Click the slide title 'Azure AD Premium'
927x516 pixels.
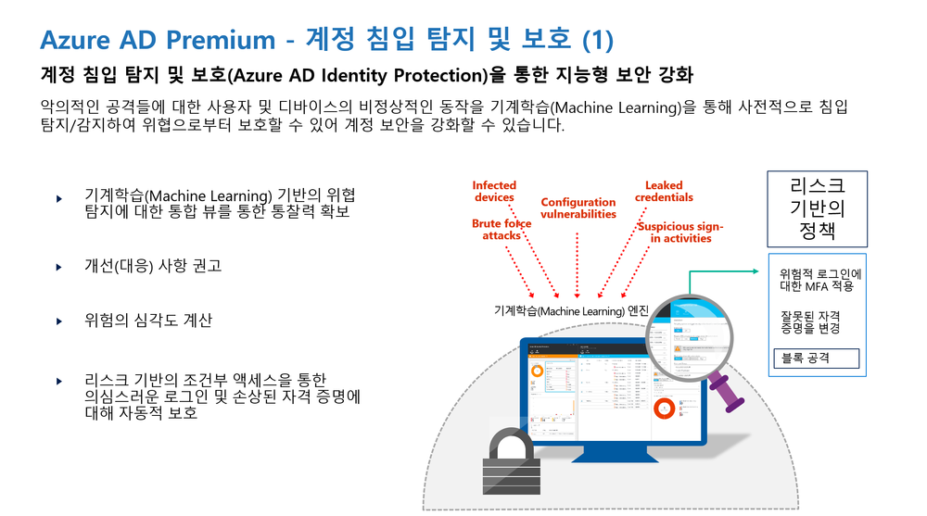click(158, 40)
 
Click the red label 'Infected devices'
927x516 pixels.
click(494, 192)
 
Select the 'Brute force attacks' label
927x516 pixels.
click(501, 230)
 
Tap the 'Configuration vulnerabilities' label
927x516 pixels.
click(578, 208)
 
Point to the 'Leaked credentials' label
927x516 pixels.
click(664, 192)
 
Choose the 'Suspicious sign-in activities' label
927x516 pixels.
click(680, 233)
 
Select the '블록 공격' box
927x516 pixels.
click(816, 358)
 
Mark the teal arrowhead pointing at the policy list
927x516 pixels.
click(759, 272)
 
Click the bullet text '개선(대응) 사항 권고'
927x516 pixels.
click(152, 266)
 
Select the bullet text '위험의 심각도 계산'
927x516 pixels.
click(147, 321)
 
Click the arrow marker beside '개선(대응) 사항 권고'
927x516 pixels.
click(59, 267)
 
